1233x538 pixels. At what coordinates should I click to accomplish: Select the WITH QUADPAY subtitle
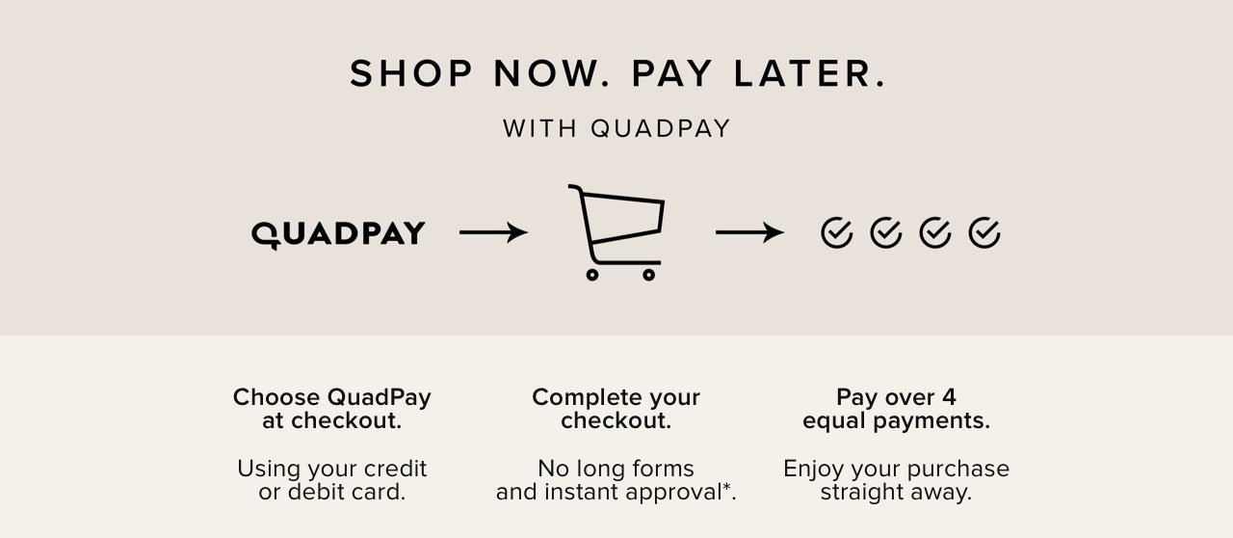point(616,128)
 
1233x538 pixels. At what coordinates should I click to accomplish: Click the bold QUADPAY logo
point(338,233)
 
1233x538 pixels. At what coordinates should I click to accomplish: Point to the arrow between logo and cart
point(493,232)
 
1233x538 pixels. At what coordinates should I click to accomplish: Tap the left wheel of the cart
point(592,275)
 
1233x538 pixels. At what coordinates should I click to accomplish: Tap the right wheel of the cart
point(648,275)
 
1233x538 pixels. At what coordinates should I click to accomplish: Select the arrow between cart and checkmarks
point(749,232)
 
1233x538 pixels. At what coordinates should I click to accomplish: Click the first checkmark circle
point(836,232)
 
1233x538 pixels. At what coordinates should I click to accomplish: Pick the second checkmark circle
point(885,232)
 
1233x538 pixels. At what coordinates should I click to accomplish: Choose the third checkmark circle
point(934,232)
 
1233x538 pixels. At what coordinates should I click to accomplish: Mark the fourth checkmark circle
point(984,232)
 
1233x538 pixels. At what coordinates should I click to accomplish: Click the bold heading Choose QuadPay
point(332,397)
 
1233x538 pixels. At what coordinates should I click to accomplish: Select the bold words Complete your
point(616,397)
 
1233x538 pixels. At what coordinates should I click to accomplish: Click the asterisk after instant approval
point(731,489)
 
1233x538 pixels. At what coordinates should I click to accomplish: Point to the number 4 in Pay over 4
point(950,397)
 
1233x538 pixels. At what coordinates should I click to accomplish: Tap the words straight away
point(896,493)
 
